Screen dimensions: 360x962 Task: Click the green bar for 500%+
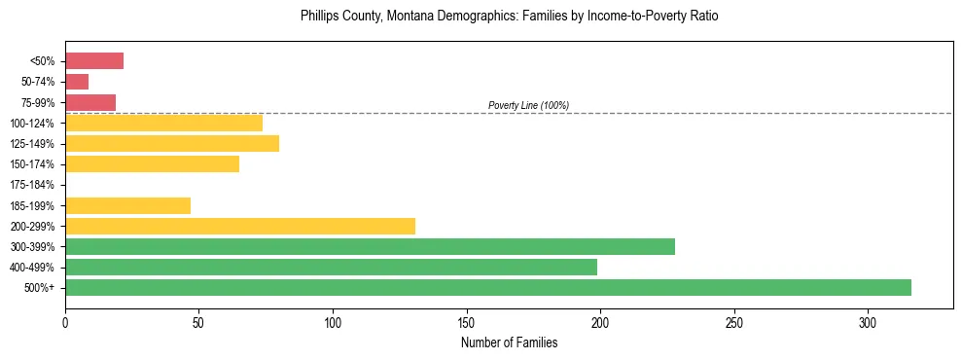(x=487, y=287)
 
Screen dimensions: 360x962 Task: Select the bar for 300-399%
(x=370, y=246)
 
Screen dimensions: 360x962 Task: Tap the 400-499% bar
(x=331, y=267)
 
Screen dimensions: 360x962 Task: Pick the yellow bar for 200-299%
(x=240, y=226)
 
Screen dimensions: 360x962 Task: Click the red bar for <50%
(x=94, y=61)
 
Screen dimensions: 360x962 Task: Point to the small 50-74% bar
(x=77, y=82)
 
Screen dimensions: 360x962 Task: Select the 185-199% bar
(x=127, y=205)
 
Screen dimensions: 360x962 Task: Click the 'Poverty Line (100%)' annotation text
(x=528, y=105)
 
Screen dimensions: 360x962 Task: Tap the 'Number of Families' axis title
(x=509, y=342)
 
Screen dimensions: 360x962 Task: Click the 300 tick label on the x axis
(x=868, y=322)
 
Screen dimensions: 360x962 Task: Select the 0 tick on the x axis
(x=65, y=322)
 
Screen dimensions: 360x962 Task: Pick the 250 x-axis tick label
(x=733, y=322)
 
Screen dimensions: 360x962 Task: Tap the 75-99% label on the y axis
(x=37, y=103)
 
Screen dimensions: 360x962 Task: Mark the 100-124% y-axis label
(x=34, y=124)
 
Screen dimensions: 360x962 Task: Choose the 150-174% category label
(x=34, y=164)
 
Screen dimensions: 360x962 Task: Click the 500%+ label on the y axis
(x=40, y=288)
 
